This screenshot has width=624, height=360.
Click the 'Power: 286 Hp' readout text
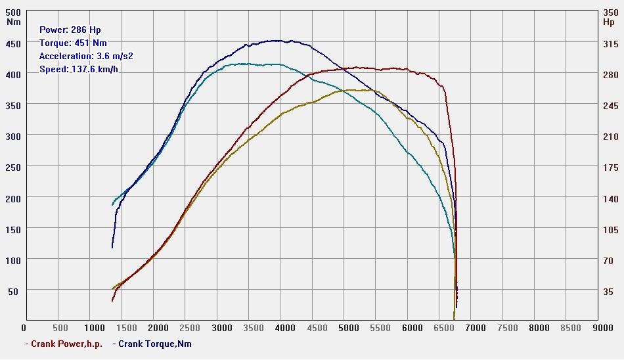[x=70, y=30]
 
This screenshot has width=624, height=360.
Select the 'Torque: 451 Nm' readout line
[x=72, y=43]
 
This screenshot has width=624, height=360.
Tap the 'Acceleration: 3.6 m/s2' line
[x=85, y=56]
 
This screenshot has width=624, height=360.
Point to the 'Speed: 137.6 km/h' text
[x=78, y=69]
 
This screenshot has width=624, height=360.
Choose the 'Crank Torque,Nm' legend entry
[x=155, y=344]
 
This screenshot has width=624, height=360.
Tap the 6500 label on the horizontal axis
[x=442, y=328]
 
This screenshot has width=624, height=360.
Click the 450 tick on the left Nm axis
[x=13, y=44]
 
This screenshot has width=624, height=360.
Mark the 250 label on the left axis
[x=13, y=168]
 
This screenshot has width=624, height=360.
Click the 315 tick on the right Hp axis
[x=611, y=44]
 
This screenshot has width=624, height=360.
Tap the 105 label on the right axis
[x=611, y=229]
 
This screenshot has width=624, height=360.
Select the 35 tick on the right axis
[x=609, y=291]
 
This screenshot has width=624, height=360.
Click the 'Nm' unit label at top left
[x=13, y=22]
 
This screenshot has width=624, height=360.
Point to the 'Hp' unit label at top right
[x=608, y=22]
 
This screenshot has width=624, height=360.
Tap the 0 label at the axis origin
[x=24, y=328]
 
